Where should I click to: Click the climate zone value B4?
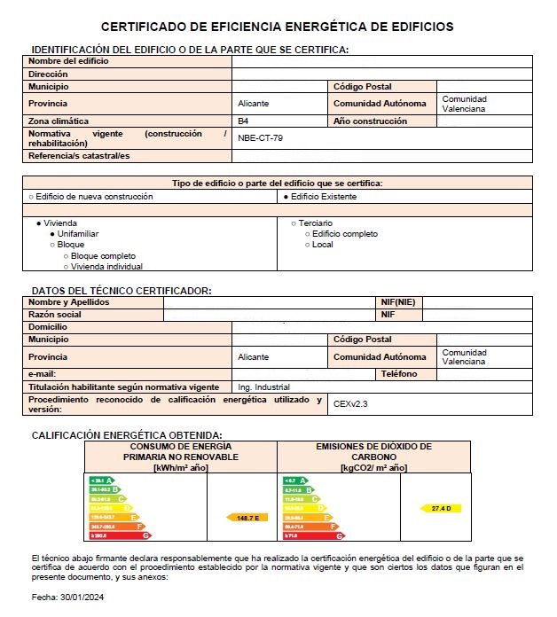pos(243,121)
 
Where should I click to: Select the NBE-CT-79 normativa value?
pos(261,138)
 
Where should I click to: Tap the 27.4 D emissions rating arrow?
pos(441,508)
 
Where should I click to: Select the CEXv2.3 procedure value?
pos(350,403)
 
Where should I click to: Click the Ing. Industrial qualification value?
pos(263,387)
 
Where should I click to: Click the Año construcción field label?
pos(370,121)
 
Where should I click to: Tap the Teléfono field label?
pos(398,374)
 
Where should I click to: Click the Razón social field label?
pos(55,315)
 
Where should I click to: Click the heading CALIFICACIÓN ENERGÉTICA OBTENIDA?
pos(126,435)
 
